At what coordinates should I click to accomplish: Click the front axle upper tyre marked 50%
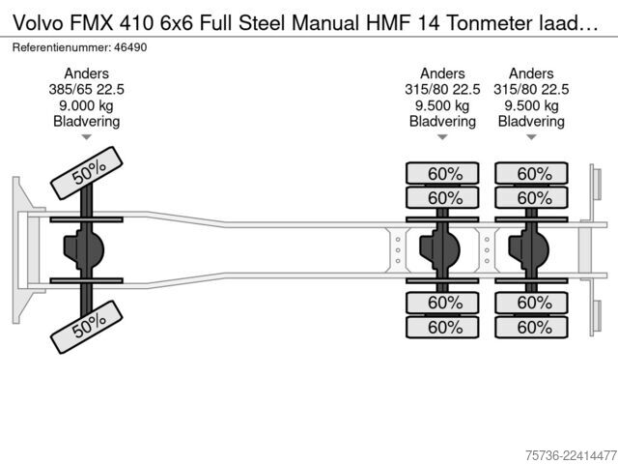[x=87, y=173]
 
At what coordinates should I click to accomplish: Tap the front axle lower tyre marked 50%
[x=87, y=327]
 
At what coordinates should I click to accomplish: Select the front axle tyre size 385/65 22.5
[x=86, y=90]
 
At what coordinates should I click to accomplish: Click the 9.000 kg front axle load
[x=86, y=105]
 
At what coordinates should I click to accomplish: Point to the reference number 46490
[x=130, y=47]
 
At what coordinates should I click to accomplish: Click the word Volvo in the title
[x=39, y=23]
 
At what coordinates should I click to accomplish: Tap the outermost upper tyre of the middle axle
[x=442, y=173]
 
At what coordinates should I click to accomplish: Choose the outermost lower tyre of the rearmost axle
[x=532, y=327]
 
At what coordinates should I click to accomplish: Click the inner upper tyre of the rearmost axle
[x=532, y=197]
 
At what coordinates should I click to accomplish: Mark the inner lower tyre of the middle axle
[x=442, y=303]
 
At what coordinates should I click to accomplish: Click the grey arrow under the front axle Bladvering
[x=86, y=137]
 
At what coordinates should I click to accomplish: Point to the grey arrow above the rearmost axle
[x=531, y=137]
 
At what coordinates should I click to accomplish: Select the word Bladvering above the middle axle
[x=442, y=122]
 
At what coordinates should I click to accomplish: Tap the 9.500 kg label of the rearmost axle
[x=531, y=105]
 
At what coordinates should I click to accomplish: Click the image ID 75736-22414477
[x=571, y=455]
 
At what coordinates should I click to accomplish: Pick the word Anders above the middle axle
[x=442, y=73]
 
